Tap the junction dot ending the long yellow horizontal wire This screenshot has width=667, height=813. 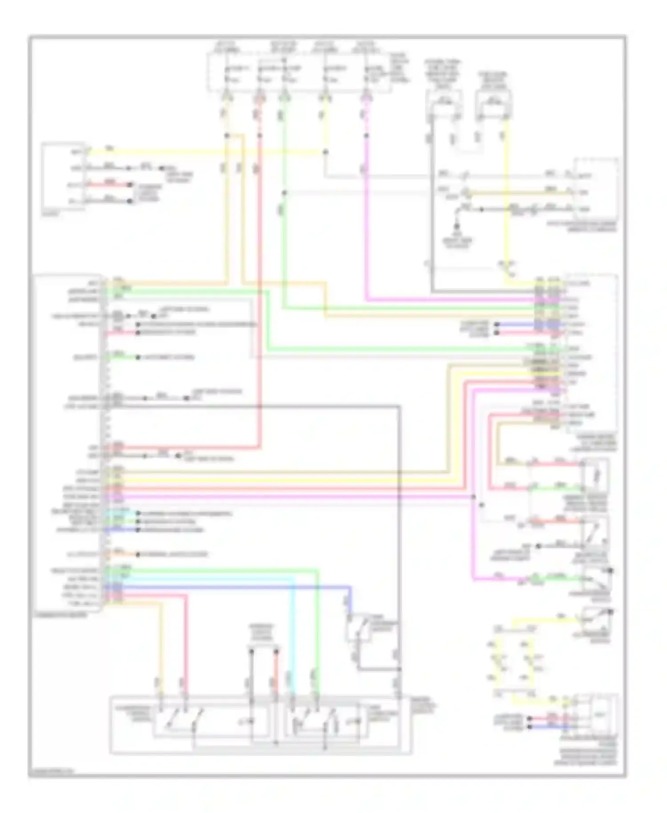tap(325, 152)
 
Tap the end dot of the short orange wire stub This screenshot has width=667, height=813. tap(138, 555)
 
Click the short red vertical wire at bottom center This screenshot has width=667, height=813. tap(276, 672)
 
